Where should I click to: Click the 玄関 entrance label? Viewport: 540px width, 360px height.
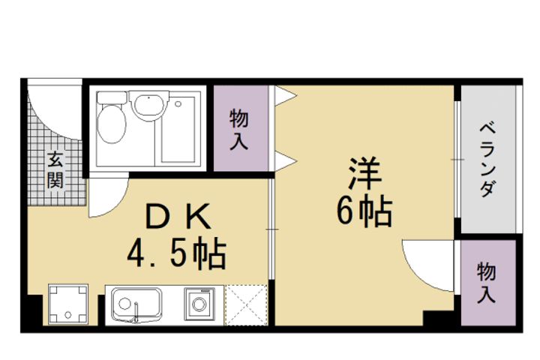point(56,169)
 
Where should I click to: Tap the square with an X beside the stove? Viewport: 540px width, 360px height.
point(245,305)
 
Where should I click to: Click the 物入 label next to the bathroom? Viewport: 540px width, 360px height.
point(238,129)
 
